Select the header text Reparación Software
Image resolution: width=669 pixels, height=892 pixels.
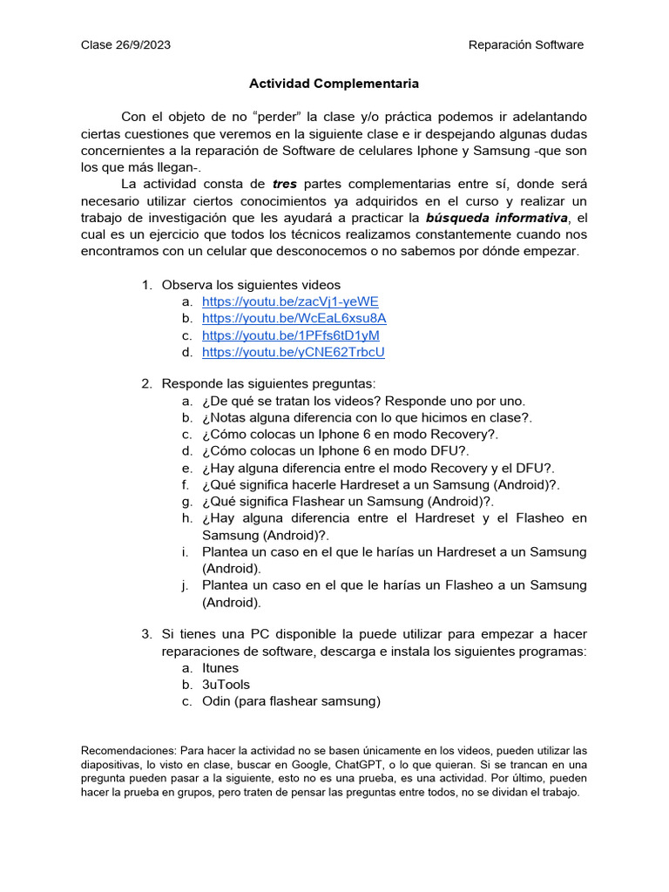click(x=525, y=44)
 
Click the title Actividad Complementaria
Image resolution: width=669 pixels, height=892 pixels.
click(x=334, y=84)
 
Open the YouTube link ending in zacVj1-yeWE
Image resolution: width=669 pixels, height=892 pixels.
click(x=290, y=301)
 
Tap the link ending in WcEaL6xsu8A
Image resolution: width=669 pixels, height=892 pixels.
click(x=294, y=318)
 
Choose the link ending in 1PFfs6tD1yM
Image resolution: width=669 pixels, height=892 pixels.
click(x=290, y=335)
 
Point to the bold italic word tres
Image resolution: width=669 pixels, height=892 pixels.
click(x=285, y=184)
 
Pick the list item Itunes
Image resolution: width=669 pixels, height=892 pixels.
click(x=220, y=668)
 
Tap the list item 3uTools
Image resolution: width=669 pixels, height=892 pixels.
click(x=226, y=685)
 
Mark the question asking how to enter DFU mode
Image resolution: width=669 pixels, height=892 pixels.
click(x=335, y=451)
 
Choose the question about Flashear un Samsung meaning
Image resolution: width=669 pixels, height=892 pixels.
click(x=348, y=501)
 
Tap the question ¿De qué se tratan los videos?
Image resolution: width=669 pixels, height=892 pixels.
click(x=363, y=401)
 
